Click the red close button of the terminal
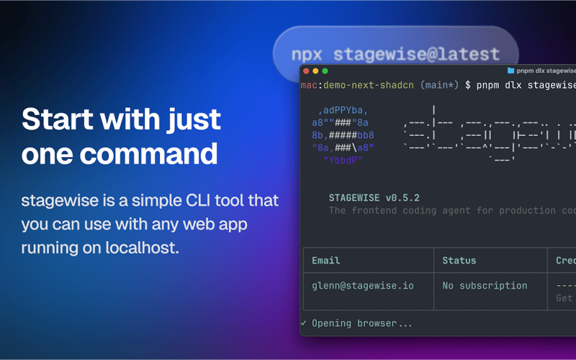click(306, 71)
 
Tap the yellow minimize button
click(315, 71)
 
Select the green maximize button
click(325, 71)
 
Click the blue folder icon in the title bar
click(510, 71)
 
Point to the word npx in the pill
click(308, 54)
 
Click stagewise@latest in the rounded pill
click(416, 54)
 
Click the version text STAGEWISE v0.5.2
click(374, 197)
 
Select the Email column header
click(326, 260)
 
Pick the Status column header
click(459, 260)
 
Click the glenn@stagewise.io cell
click(363, 285)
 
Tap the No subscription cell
click(485, 285)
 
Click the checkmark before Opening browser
click(304, 323)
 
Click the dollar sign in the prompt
click(468, 85)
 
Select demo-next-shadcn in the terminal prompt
click(368, 85)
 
